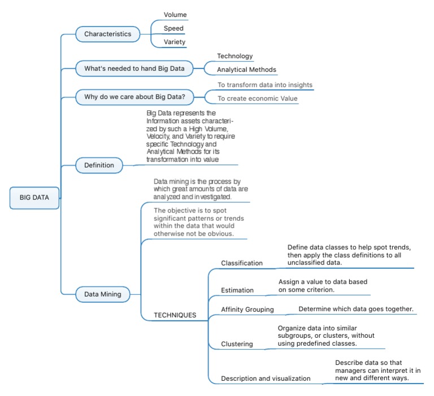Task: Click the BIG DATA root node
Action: pos(34,198)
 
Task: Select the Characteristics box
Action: pos(107,34)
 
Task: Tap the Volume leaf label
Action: pos(175,15)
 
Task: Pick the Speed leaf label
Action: pos(173,28)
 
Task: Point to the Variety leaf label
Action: pos(175,42)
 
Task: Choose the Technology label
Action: pos(235,56)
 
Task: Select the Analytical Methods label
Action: pos(247,70)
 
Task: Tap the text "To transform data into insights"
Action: pos(265,85)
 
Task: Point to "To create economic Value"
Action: pos(258,99)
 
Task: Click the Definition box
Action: pos(99,165)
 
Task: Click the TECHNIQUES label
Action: pos(175,315)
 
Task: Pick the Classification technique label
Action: pos(242,263)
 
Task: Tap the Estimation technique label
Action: pos(237,290)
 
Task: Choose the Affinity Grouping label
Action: pos(248,309)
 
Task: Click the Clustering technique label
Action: pos(237,343)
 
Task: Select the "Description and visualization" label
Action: pos(266,378)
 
